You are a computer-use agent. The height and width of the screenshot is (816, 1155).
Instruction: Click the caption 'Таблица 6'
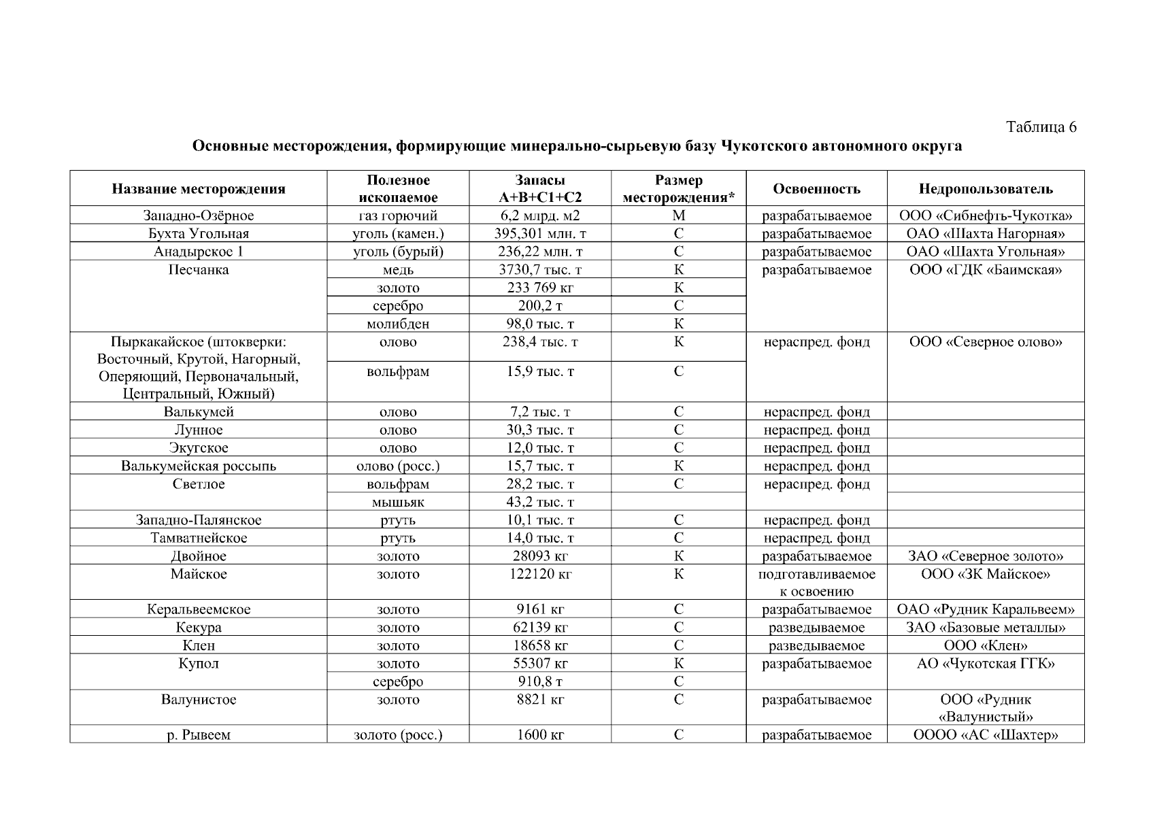click(x=1041, y=127)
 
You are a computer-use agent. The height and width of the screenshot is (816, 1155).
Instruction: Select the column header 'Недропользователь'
click(x=985, y=189)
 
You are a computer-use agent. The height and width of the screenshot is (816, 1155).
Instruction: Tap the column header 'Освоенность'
click(x=816, y=189)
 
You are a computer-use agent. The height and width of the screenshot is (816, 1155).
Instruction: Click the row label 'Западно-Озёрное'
click(x=198, y=216)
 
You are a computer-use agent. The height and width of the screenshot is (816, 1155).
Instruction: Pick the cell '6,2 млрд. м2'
click(x=540, y=216)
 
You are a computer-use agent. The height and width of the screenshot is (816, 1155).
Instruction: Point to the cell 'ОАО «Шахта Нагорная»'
click(x=985, y=234)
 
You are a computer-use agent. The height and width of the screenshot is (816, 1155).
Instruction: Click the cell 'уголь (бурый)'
click(x=398, y=252)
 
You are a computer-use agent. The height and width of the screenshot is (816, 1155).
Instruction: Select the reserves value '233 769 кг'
click(x=540, y=288)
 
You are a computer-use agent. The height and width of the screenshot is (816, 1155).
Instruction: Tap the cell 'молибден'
click(x=398, y=324)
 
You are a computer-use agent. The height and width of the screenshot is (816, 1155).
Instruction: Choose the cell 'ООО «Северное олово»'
click(x=985, y=342)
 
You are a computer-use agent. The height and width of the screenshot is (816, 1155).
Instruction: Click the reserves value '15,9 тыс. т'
click(x=540, y=372)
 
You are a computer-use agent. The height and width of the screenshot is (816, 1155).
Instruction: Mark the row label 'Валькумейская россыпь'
click(x=198, y=466)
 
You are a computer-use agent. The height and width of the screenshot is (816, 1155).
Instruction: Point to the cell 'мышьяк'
click(x=398, y=503)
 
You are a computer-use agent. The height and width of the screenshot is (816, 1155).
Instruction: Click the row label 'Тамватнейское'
click(x=198, y=539)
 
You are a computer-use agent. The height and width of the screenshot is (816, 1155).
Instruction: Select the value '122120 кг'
click(x=540, y=575)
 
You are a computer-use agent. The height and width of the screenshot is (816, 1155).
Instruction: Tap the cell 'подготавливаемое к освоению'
click(x=816, y=583)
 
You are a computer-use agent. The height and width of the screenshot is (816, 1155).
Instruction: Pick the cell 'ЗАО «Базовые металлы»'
click(x=985, y=628)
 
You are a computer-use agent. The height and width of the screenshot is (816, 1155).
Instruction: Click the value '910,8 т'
click(x=540, y=681)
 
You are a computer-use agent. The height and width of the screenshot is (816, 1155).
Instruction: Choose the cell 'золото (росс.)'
click(x=398, y=735)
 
